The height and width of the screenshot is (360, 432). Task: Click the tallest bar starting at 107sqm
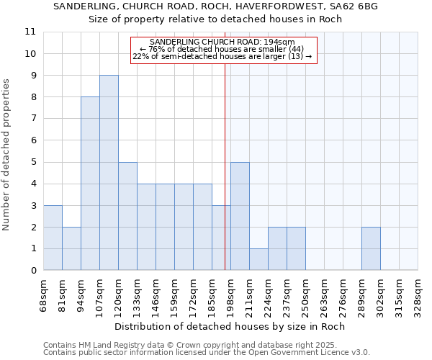(x=109, y=173)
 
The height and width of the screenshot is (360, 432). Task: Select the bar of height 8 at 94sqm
(x=90, y=184)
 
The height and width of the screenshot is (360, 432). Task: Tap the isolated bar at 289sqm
(x=371, y=248)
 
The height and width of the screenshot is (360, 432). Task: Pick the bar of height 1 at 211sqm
(x=258, y=259)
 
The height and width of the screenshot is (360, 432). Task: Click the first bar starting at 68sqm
(x=53, y=238)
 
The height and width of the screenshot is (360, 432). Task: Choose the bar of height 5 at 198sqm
(x=240, y=216)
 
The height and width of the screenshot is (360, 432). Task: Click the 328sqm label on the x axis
(x=418, y=295)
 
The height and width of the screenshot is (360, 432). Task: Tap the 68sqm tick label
(x=43, y=295)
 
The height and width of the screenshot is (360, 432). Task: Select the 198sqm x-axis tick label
(x=230, y=295)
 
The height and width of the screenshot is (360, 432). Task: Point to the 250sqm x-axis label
(x=305, y=295)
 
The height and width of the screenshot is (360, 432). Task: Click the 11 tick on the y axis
(x=30, y=32)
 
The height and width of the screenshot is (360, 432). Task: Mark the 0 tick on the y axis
(x=33, y=271)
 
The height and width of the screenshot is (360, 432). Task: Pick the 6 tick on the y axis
(x=33, y=140)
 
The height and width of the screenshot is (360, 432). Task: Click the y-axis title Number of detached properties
(x=7, y=155)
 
